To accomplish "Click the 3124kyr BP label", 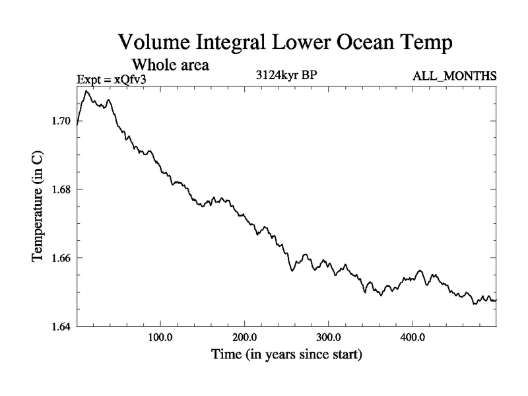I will click(286, 75).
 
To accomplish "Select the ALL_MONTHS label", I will click(454, 76).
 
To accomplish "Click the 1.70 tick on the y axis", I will click(63, 121).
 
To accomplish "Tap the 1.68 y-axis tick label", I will click(63, 189).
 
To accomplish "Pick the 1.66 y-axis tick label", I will click(63, 257).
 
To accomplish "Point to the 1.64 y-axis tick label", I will click(63, 326).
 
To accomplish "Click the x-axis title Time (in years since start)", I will click(286, 355).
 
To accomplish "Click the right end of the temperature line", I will click(496, 300).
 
